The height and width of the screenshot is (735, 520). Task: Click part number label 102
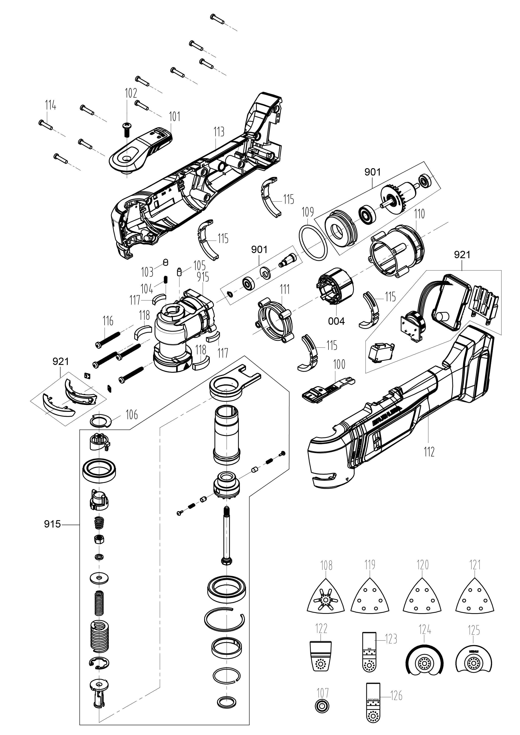click(131, 93)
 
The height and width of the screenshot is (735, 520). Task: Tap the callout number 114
click(50, 105)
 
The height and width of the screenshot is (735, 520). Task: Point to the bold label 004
click(336, 321)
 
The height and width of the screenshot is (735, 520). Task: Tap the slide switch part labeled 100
click(327, 388)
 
